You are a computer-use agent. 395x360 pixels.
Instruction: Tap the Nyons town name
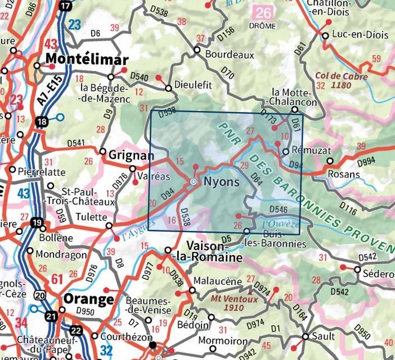coord(221,182)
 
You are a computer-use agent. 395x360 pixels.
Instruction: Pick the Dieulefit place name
coord(193,85)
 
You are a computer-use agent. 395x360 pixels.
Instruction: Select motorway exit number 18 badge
coord(41,122)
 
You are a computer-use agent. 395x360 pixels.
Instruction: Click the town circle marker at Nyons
coord(193,182)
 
